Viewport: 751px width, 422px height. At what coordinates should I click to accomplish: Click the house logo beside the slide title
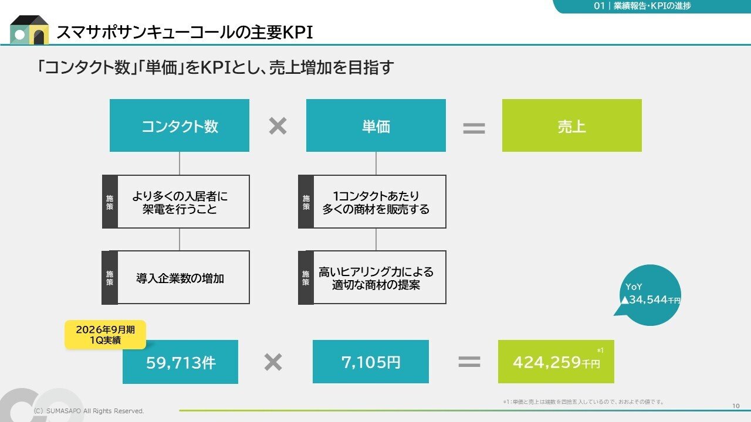(x=29, y=30)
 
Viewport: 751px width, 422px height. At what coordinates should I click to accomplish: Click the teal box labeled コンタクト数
(x=180, y=125)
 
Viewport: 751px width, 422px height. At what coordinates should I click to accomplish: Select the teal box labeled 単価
(x=376, y=125)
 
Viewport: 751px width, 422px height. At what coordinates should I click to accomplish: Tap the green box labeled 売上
(x=572, y=125)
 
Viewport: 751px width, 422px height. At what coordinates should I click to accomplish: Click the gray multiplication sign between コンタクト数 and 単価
(x=278, y=126)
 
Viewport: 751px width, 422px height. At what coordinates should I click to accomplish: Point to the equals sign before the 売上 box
(x=474, y=128)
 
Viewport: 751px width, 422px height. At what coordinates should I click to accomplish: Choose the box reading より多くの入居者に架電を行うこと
(x=183, y=202)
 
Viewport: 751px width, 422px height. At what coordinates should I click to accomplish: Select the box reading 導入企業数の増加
(x=183, y=277)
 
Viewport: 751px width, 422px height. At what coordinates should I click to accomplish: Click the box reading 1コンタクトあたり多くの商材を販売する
(x=379, y=202)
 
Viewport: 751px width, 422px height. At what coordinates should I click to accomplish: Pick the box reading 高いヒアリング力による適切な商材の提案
(x=379, y=277)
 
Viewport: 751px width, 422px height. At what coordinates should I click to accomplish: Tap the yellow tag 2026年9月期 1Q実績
(x=105, y=335)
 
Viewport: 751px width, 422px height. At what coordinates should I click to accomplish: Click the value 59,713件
(x=181, y=362)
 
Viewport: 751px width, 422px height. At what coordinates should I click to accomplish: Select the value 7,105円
(x=371, y=362)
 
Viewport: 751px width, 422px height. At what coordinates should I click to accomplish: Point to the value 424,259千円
(x=556, y=362)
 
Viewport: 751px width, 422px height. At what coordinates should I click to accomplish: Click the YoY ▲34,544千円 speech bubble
(x=650, y=295)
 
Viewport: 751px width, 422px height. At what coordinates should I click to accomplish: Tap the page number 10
(x=736, y=406)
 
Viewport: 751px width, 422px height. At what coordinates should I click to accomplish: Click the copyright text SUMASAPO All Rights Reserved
(x=89, y=411)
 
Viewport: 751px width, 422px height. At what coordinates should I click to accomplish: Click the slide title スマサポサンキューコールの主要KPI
(x=184, y=33)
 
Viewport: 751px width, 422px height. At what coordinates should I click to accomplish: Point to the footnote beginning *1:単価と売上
(x=583, y=401)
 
